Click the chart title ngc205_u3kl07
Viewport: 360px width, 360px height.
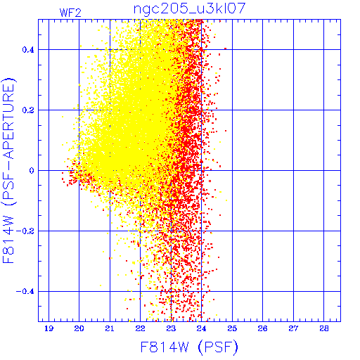click(x=189, y=9)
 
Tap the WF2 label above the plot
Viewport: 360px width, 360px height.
click(x=70, y=13)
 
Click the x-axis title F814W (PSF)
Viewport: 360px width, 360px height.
click(x=189, y=347)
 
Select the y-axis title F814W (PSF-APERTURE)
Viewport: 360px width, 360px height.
click(x=9, y=171)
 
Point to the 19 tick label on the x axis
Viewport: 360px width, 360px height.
click(x=49, y=328)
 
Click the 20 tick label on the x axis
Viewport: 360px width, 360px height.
click(x=79, y=328)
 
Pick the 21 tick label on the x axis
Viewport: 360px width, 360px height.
click(x=110, y=328)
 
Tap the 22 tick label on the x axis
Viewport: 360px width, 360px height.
click(x=140, y=328)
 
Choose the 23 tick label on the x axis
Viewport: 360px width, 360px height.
click(x=171, y=328)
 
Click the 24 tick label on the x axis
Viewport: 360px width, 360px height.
click(x=201, y=328)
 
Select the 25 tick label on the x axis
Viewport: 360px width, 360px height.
click(x=232, y=328)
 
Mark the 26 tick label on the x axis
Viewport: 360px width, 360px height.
click(x=262, y=328)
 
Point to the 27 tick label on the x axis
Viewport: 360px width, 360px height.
click(x=293, y=328)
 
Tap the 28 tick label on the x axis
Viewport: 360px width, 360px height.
click(x=324, y=328)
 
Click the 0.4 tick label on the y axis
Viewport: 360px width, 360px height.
click(x=28, y=50)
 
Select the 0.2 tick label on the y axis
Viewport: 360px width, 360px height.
click(x=28, y=110)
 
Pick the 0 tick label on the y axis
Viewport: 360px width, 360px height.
click(x=32, y=171)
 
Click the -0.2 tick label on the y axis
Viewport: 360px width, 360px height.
click(x=25, y=231)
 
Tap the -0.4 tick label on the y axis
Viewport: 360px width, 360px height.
click(x=25, y=292)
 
